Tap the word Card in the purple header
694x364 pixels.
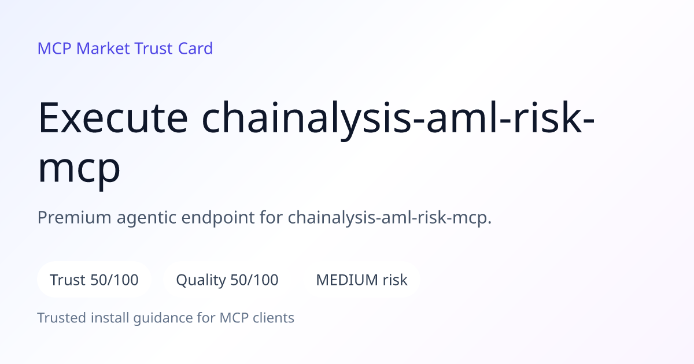click(195, 49)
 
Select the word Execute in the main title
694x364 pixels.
click(113, 118)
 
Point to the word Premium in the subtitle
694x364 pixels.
click(74, 217)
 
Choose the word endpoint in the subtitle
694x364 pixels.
click(218, 218)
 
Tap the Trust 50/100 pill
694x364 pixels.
click(94, 280)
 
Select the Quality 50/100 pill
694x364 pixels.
click(227, 280)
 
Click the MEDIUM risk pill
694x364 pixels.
click(361, 280)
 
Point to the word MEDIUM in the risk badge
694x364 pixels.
click(347, 280)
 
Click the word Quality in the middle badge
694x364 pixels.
click(201, 280)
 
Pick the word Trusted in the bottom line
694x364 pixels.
click(62, 318)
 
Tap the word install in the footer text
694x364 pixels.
click(110, 318)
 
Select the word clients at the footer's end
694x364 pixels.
click(273, 318)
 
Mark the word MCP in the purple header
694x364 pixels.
click(54, 49)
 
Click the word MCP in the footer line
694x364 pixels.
click(234, 318)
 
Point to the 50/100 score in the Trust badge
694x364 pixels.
click(115, 280)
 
